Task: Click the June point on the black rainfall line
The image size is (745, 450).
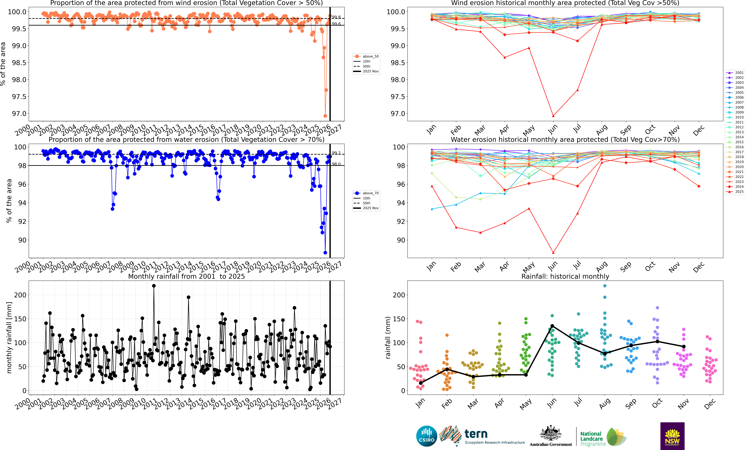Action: tap(552, 326)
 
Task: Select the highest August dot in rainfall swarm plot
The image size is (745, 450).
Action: tap(605, 286)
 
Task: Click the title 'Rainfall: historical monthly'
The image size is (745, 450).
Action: tap(565, 276)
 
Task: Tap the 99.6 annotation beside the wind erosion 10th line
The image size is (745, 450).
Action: tap(336, 24)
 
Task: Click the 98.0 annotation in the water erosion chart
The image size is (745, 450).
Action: tap(336, 164)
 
